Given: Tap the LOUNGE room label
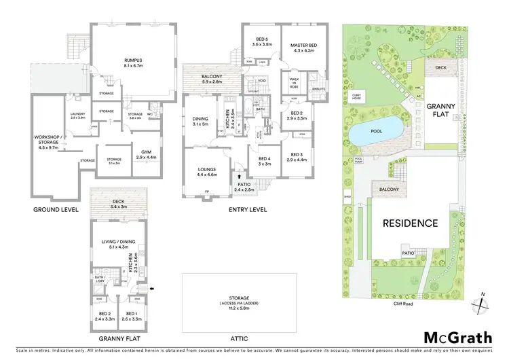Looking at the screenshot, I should coord(206,171).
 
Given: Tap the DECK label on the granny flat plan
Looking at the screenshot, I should coord(118,200).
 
